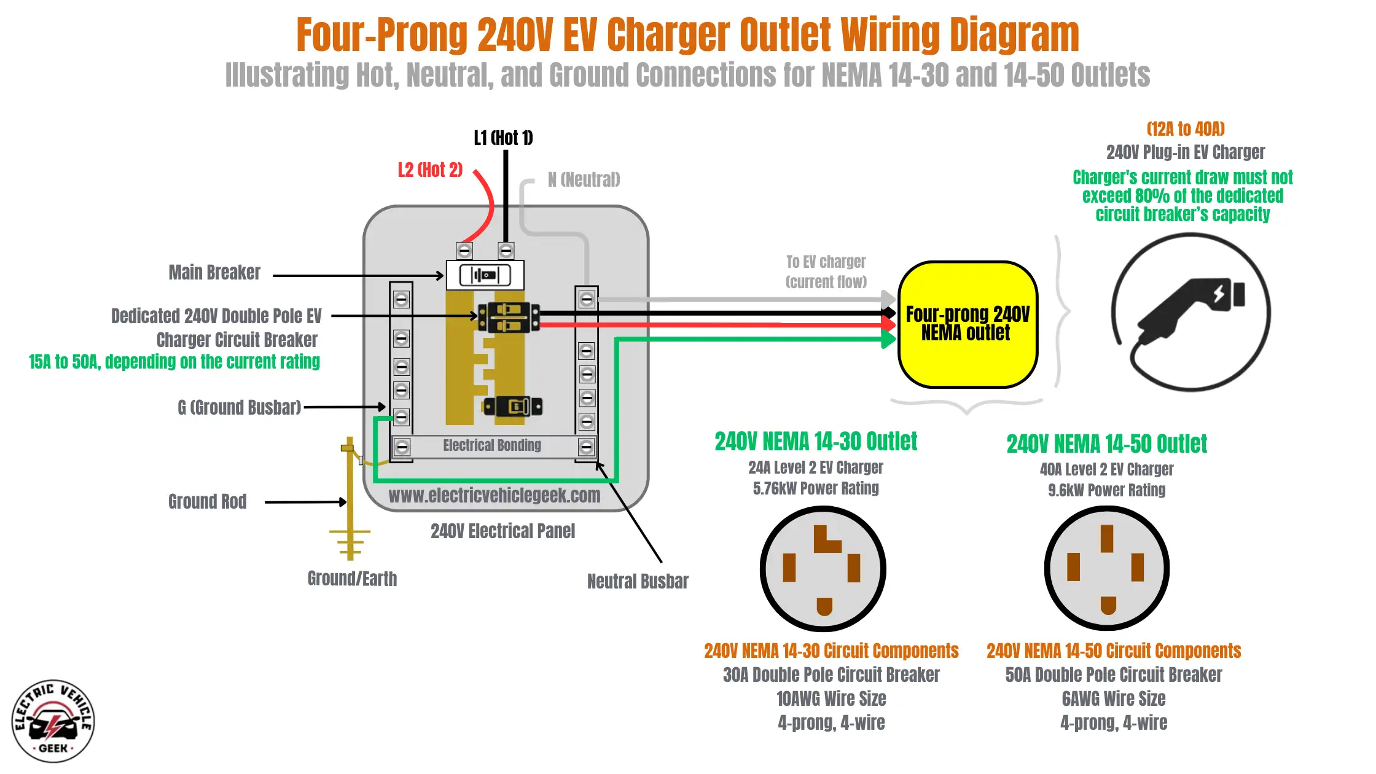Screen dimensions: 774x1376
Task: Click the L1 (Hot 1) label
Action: pyautogui.click(x=503, y=138)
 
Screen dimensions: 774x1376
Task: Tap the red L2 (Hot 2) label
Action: pyautogui.click(x=430, y=170)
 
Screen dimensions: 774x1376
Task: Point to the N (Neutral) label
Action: pyautogui.click(x=584, y=180)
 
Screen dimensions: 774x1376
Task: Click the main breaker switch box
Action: pyautogui.click(x=485, y=275)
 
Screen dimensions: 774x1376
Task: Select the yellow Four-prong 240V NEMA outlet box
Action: pyautogui.click(x=968, y=324)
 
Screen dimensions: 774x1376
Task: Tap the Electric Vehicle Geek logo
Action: pyautogui.click(x=53, y=721)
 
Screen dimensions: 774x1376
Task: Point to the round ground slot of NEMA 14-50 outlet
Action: pyautogui.click(x=1108, y=605)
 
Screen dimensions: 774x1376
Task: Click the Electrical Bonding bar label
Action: pyautogui.click(x=492, y=445)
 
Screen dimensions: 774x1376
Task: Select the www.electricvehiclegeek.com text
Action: pyautogui.click(x=495, y=496)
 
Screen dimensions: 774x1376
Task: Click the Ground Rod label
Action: pyautogui.click(x=208, y=502)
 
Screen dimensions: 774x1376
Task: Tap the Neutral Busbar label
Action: pyautogui.click(x=638, y=581)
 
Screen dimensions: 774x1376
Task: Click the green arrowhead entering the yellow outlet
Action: pyautogui.click(x=888, y=338)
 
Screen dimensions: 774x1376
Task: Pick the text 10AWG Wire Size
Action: pyautogui.click(x=831, y=699)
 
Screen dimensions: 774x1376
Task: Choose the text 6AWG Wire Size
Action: pyautogui.click(x=1113, y=699)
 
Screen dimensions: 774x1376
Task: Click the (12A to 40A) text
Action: pyautogui.click(x=1186, y=129)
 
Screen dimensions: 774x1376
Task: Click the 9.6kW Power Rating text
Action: pyautogui.click(x=1106, y=490)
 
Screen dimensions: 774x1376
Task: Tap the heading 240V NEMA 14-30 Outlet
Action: pyautogui.click(x=816, y=442)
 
